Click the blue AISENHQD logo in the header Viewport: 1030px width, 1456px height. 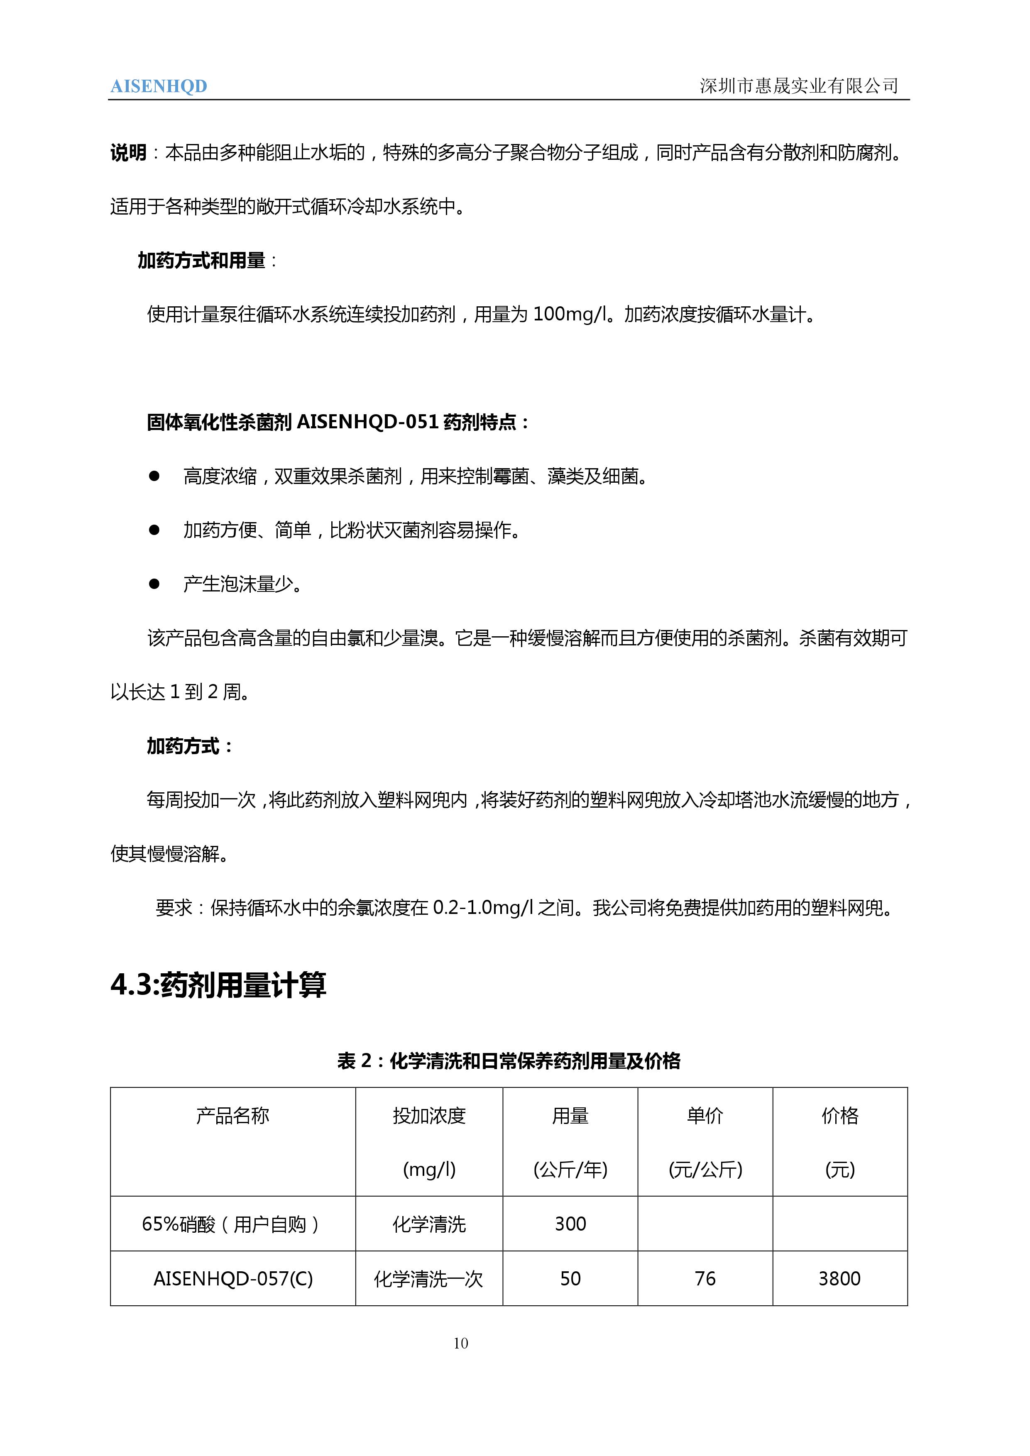coord(159,86)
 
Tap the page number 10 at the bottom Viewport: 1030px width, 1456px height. coord(461,1343)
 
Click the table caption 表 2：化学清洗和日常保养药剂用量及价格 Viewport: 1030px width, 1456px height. coord(509,1061)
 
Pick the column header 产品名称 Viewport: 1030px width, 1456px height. coord(233,1116)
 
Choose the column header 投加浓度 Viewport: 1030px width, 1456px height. coord(429,1116)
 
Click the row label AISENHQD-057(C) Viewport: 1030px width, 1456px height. coord(233,1278)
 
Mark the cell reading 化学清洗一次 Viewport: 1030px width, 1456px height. coord(429,1278)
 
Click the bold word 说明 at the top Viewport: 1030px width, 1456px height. coord(128,153)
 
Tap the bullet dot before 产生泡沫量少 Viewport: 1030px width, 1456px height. coord(154,584)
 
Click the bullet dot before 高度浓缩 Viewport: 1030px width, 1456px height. coord(154,476)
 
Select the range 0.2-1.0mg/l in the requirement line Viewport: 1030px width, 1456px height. coord(482,908)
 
